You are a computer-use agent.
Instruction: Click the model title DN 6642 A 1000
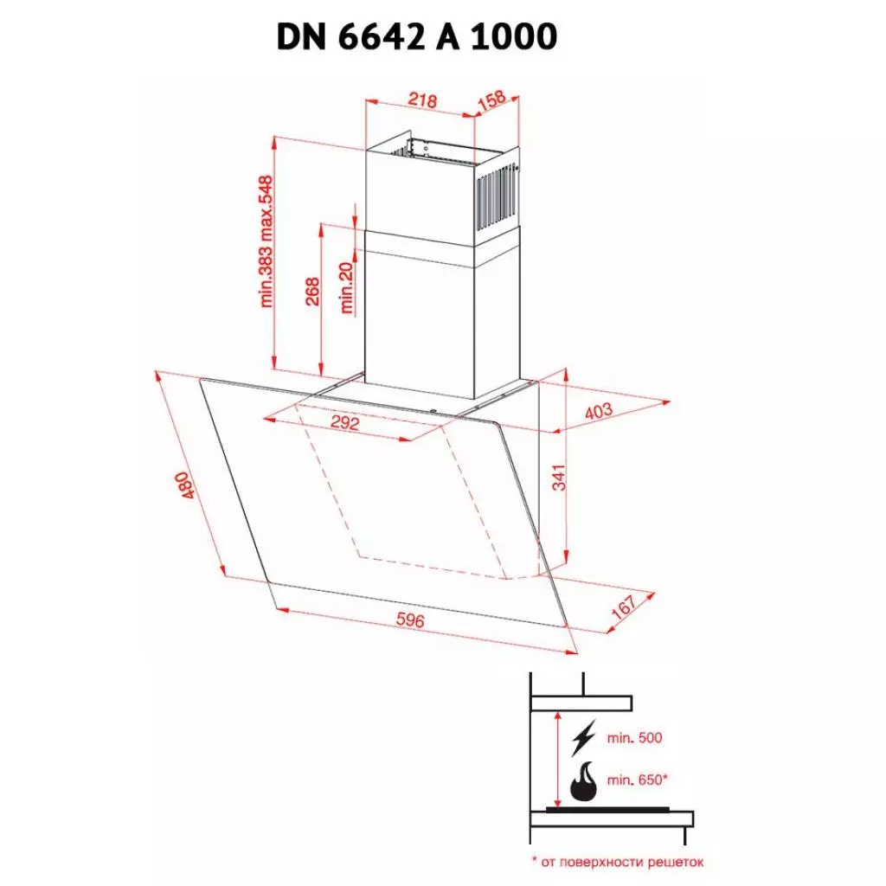(416, 36)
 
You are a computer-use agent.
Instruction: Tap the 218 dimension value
(421, 101)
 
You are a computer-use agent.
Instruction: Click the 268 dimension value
(312, 292)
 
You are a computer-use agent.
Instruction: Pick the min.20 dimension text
(348, 288)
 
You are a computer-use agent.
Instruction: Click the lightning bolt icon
(585, 740)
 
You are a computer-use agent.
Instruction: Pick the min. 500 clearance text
(634, 738)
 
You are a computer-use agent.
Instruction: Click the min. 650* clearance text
(637, 780)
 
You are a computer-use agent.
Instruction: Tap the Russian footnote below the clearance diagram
(617, 862)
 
